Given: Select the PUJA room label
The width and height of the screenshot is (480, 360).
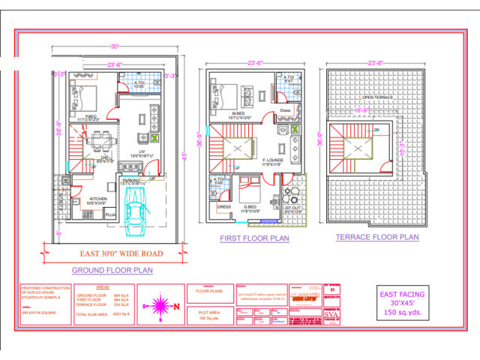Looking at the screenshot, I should (x=109, y=214).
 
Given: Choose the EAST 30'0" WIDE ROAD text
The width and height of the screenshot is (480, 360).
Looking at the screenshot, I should (x=121, y=253).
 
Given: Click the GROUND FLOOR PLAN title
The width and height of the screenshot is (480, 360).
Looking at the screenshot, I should (x=112, y=269).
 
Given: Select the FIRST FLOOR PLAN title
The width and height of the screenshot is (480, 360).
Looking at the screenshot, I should (x=254, y=238).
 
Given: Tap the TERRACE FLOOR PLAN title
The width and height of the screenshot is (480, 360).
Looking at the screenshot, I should (x=376, y=237).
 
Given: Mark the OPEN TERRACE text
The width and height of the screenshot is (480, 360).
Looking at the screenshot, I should (x=377, y=98).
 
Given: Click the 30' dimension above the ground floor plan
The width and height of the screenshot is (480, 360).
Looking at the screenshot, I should (x=115, y=46).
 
